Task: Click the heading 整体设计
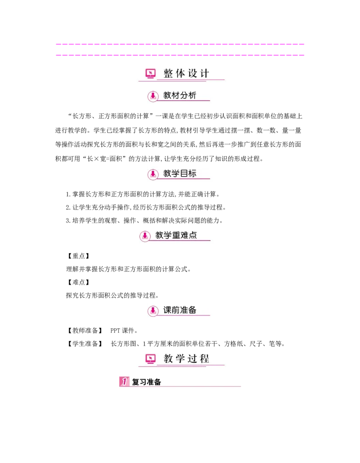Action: point(187,73)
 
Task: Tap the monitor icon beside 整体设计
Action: point(150,73)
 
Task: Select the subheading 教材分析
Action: point(180,95)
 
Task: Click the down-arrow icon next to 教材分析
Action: point(153,96)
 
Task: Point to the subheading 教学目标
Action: point(180,174)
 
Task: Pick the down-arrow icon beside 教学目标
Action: point(153,174)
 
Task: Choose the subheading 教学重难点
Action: point(176,235)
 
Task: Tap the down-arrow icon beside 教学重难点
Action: point(144,236)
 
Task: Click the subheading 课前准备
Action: point(180,310)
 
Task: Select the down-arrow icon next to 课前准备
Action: point(153,311)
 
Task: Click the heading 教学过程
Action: point(187,359)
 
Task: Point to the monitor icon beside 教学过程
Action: point(150,359)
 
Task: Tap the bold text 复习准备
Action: point(146,382)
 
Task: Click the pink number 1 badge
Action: point(124,381)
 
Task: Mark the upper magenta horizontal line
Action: point(180,45)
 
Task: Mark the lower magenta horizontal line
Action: point(180,55)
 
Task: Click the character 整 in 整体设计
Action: point(168,73)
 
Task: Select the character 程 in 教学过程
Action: point(205,359)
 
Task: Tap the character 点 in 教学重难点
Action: point(193,235)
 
